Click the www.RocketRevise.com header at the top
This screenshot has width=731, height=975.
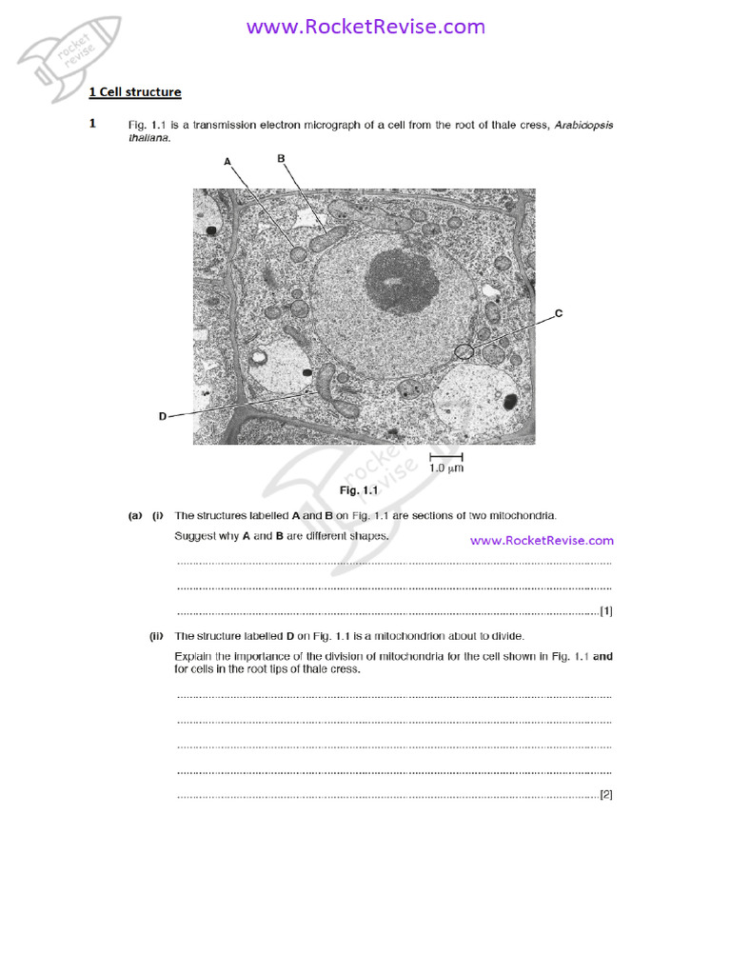pos(365,27)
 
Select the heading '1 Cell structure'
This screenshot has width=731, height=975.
pos(134,92)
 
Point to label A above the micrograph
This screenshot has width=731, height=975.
pos(227,162)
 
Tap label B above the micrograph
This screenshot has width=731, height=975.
pos(281,159)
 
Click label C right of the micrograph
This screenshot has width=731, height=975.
pos(559,313)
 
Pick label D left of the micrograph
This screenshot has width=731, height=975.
pos(163,416)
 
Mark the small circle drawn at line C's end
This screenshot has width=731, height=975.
pos(464,351)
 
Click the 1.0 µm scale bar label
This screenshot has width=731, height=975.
pos(445,468)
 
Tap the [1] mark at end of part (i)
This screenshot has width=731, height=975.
pos(605,611)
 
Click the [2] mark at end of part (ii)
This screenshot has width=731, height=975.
pos(605,794)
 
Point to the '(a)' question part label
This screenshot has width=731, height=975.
pos(135,515)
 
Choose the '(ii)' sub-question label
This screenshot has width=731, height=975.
pos(157,636)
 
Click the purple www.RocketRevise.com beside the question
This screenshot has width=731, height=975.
pos(542,540)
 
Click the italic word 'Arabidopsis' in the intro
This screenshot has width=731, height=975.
pos(584,125)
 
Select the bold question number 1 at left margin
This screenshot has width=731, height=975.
pos(92,124)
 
